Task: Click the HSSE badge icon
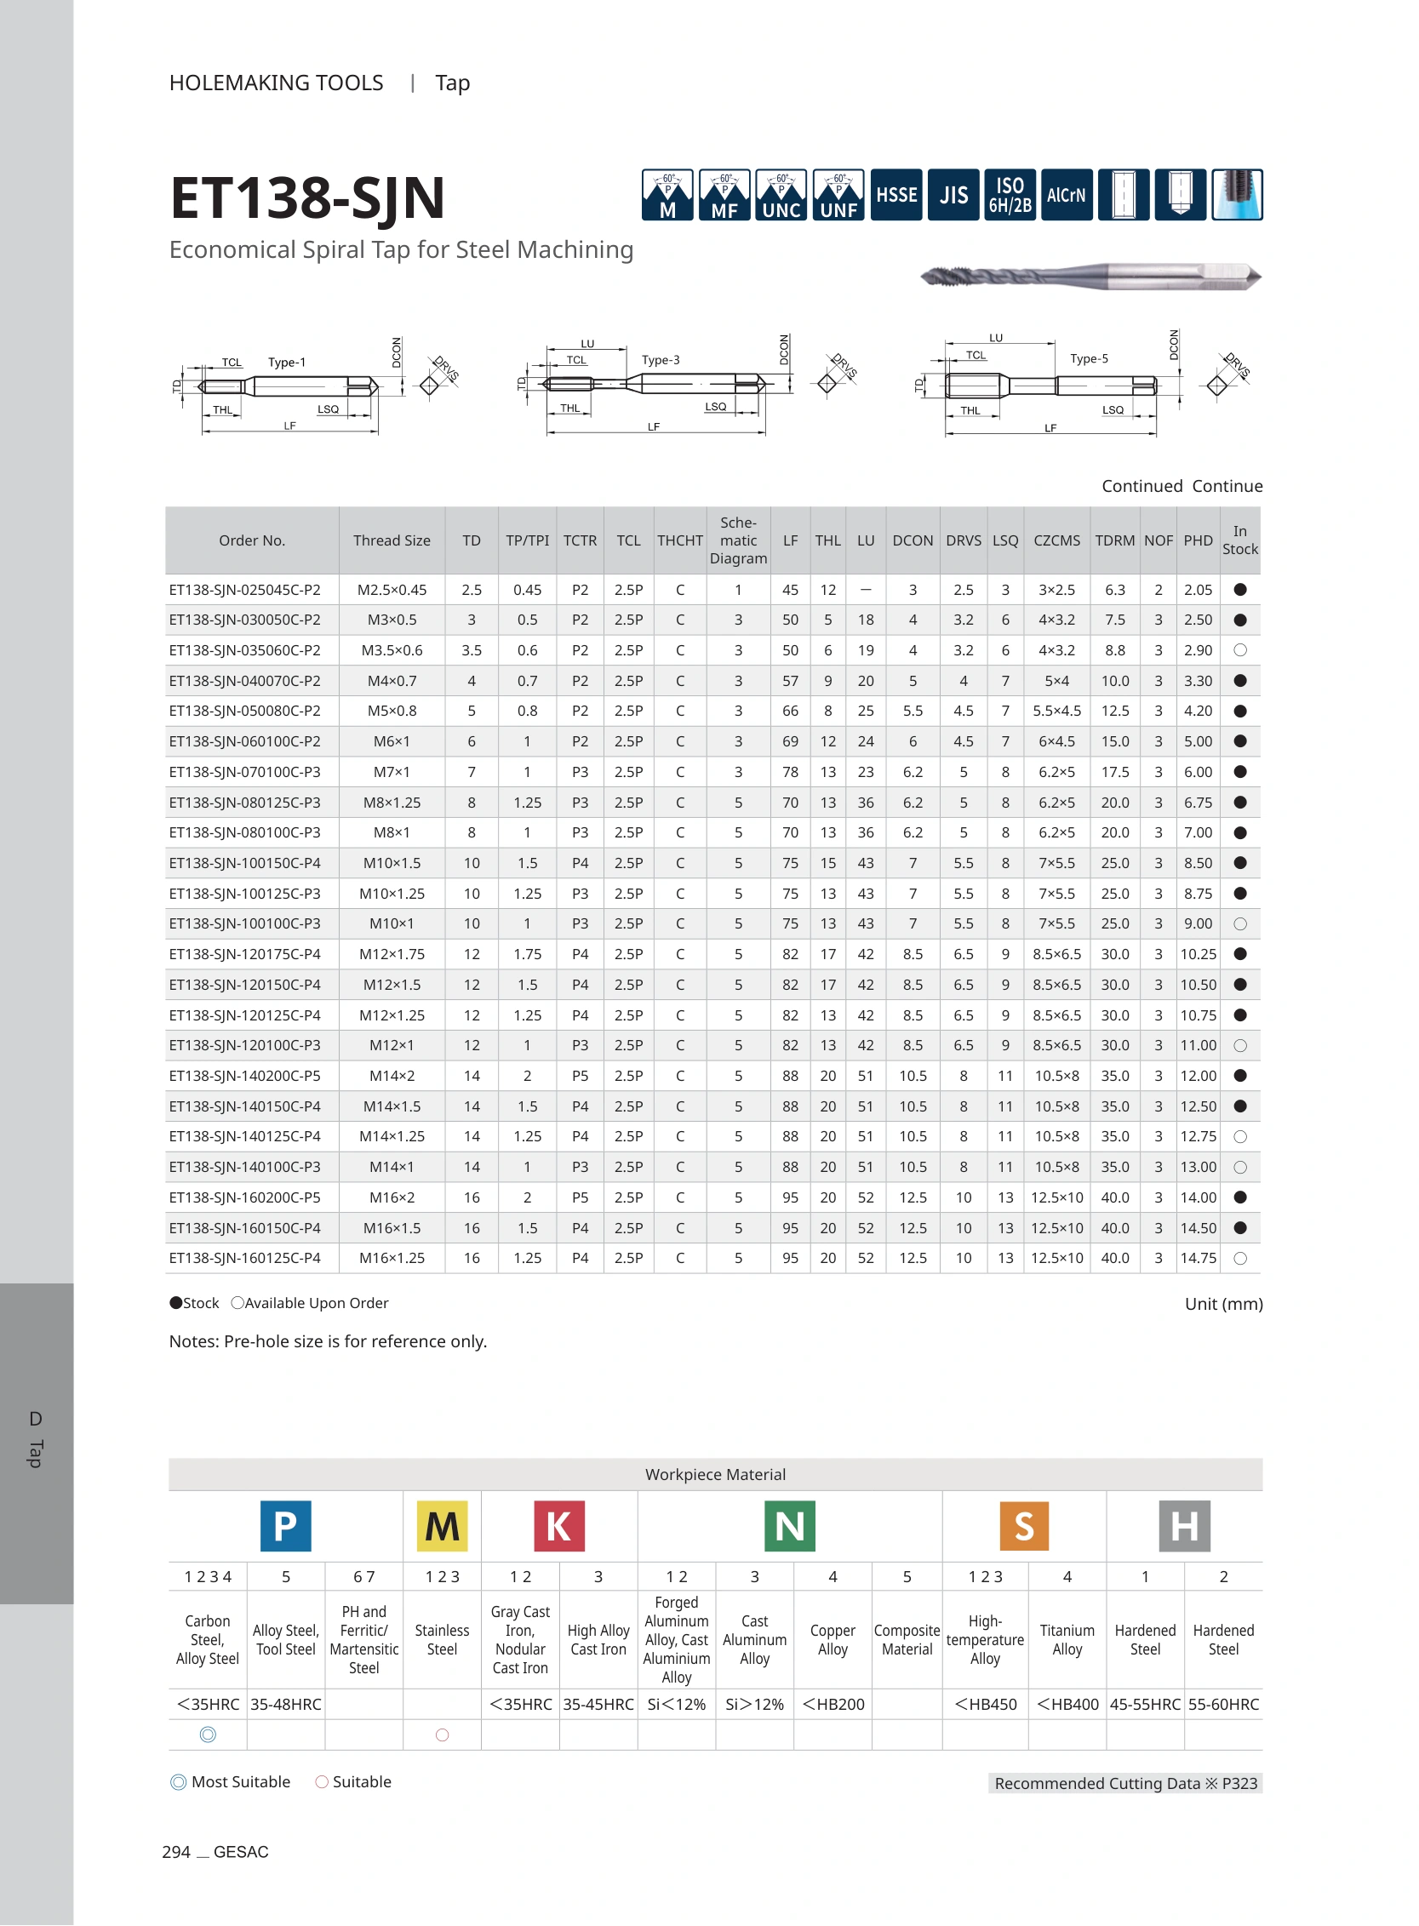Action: tap(895, 195)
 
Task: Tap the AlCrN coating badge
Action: tap(1066, 195)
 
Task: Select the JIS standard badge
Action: tap(953, 195)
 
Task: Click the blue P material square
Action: tap(285, 1525)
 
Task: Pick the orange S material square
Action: tap(1024, 1525)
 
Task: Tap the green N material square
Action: tap(789, 1525)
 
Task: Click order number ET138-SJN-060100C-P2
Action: tap(245, 741)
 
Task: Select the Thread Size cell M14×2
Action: tap(392, 1076)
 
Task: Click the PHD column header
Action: tap(1198, 540)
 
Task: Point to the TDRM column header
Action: tap(1114, 540)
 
